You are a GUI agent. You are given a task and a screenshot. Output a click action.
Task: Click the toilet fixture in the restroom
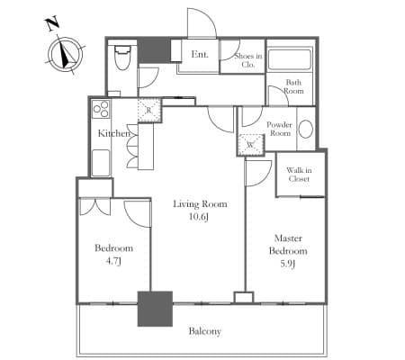point(121,58)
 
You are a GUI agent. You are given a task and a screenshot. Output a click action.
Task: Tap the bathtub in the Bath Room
point(290,59)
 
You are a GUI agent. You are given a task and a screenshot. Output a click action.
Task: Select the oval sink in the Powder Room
point(306,130)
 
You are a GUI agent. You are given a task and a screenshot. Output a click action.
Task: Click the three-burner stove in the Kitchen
point(101,110)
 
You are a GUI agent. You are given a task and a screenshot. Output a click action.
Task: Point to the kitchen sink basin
point(101,163)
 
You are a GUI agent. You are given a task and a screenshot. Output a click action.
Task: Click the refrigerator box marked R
point(149,110)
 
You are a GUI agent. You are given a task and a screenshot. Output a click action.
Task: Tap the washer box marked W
point(250,145)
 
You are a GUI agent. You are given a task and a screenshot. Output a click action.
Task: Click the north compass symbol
point(66,55)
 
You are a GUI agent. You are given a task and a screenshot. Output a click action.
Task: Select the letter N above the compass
point(52,24)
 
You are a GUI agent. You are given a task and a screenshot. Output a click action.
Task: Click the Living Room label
point(200,204)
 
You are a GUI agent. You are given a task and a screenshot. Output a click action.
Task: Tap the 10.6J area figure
point(199,217)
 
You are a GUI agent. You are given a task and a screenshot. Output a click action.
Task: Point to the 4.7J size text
point(113,261)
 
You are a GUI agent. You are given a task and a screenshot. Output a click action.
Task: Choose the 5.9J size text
point(288,264)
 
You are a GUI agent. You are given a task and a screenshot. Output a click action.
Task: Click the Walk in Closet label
point(299,175)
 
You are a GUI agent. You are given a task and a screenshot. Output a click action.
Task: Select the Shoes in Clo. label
point(248,60)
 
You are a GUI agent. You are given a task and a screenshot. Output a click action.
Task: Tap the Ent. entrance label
point(200,54)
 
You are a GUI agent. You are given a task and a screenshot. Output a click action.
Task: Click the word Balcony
point(205,331)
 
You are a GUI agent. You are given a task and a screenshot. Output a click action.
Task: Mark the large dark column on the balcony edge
point(155,309)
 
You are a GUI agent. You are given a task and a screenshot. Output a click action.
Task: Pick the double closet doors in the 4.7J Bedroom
point(95,207)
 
